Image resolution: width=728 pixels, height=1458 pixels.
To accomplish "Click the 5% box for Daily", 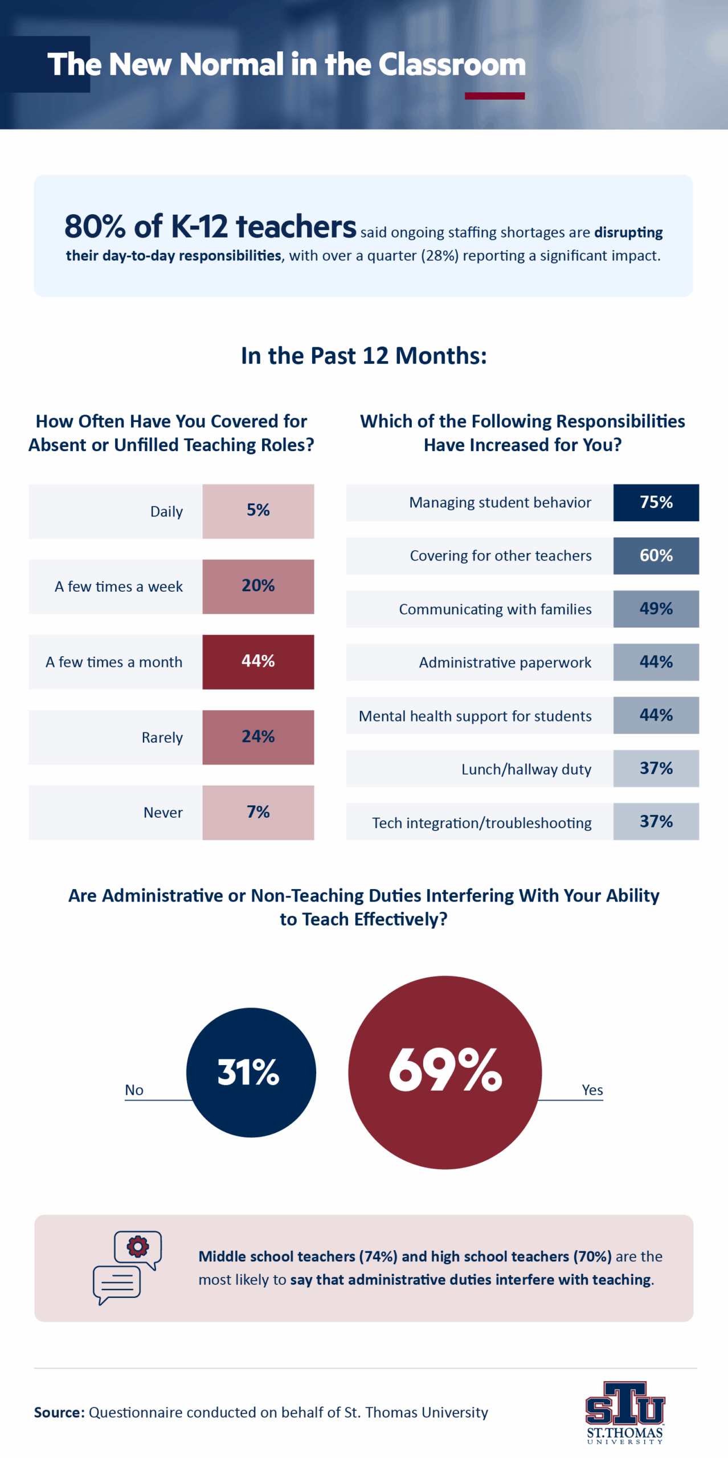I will (x=258, y=511).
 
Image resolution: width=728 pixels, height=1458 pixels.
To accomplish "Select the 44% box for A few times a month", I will (x=258, y=661).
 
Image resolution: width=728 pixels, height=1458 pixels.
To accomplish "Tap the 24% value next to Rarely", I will (x=258, y=736).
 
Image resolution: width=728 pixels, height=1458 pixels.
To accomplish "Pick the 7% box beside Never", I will (x=258, y=812).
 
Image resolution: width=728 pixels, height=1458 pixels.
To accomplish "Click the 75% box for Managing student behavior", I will (x=656, y=502).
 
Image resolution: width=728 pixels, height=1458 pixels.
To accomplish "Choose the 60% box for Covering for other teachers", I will (x=656, y=555).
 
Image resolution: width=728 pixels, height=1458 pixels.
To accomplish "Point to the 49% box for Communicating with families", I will (x=656, y=608).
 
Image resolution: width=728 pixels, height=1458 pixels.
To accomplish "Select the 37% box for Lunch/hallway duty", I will (x=656, y=768).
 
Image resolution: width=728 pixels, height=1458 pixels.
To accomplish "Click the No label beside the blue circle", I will (x=134, y=1090).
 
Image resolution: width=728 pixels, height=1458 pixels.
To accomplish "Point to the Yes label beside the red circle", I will (x=592, y=1090).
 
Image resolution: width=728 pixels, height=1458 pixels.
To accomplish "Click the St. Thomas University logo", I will (x=625, y=1411).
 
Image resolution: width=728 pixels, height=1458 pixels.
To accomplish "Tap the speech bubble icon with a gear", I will (x=127, y=1267).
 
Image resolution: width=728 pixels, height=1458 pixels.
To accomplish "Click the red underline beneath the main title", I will (x=494, y=96).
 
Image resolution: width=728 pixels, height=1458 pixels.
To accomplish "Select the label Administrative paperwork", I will (x=505, y=662).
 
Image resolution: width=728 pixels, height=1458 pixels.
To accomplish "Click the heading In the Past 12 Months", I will (x=363, y=356).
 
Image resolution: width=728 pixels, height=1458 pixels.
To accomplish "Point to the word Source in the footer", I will (x=59, y=1412).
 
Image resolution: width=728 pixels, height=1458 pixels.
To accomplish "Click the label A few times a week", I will (x=118, y=587).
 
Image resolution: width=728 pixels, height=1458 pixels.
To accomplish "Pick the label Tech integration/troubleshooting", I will (x=481, y=822).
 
